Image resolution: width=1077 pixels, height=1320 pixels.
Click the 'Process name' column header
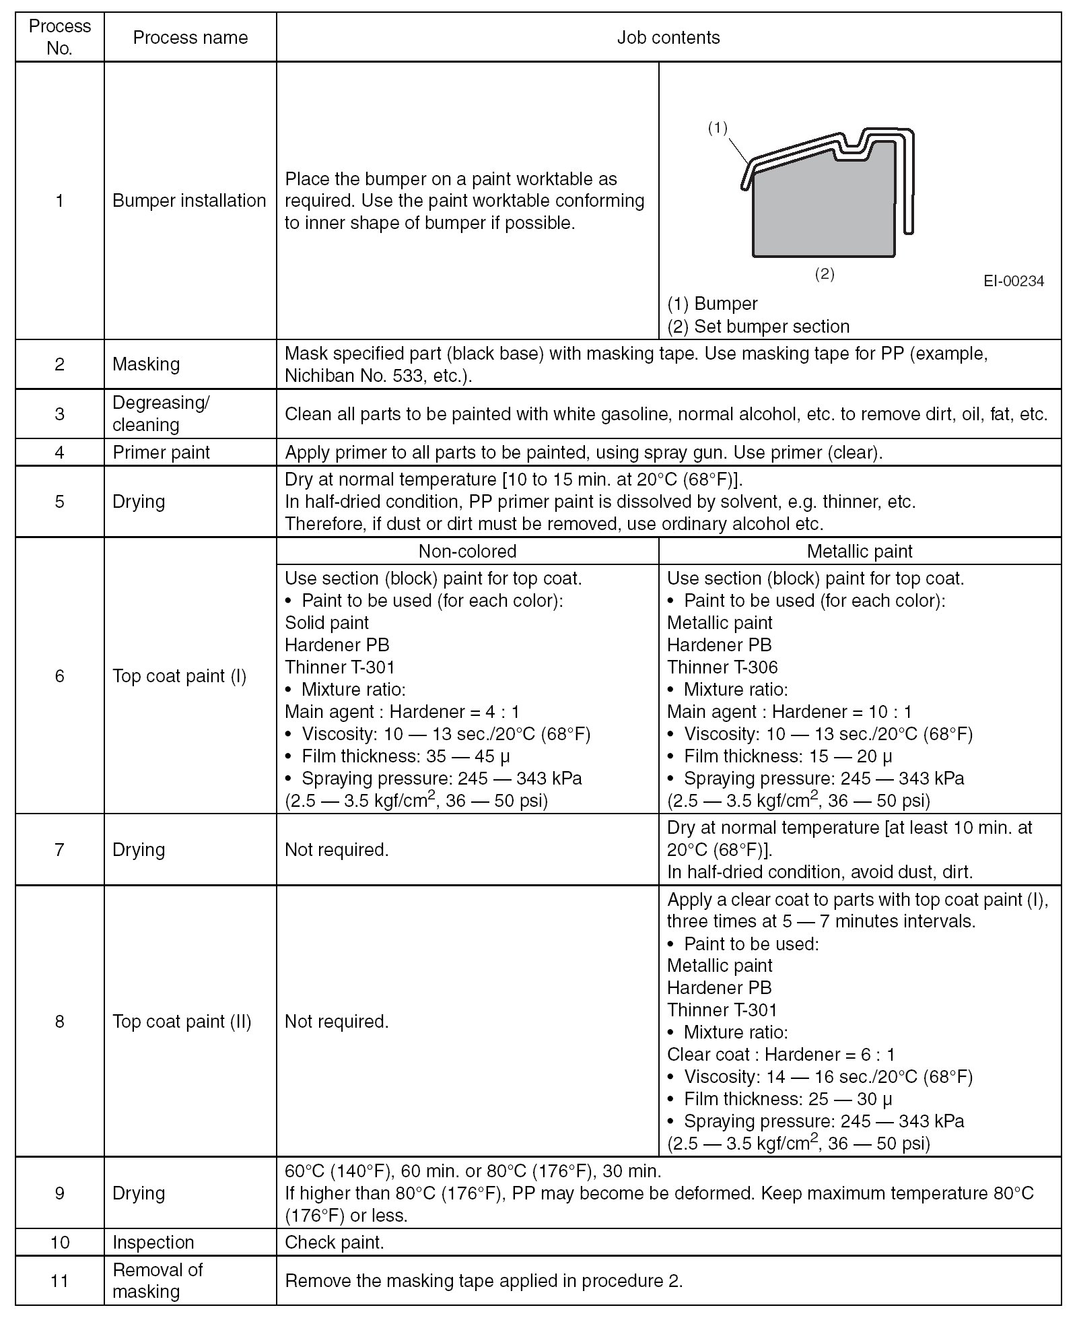point(190,38)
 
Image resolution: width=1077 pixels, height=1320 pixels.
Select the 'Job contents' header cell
point(668,38)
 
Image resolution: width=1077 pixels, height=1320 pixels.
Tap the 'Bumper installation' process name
point(189,201)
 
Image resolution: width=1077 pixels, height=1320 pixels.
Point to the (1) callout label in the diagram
point(718,128)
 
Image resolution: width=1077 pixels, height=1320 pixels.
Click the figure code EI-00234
point(1013,281)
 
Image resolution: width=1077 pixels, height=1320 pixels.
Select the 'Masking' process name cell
point(146,364)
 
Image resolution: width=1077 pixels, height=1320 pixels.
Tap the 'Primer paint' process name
point(161,453)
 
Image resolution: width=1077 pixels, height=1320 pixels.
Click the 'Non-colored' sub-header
point(467,551)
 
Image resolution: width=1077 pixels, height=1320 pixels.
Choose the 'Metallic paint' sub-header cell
point(860,551)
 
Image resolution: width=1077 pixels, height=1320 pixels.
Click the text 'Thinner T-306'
point(722,667)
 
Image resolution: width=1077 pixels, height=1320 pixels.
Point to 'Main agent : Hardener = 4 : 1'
point(402,712)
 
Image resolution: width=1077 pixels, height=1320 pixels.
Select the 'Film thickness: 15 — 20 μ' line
point(788,756)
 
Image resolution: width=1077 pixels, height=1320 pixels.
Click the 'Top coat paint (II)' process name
point(182,1022)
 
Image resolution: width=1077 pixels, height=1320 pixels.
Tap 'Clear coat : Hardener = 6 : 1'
point(781,1055)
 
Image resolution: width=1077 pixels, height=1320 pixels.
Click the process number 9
point(59,1193)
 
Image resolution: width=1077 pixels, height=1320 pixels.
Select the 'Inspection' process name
point(153,1243)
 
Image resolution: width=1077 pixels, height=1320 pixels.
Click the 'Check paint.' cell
point(335,1243)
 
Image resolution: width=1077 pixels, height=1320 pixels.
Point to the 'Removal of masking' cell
point(157,1280)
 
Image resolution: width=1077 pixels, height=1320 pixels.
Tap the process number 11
point(59,1280)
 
